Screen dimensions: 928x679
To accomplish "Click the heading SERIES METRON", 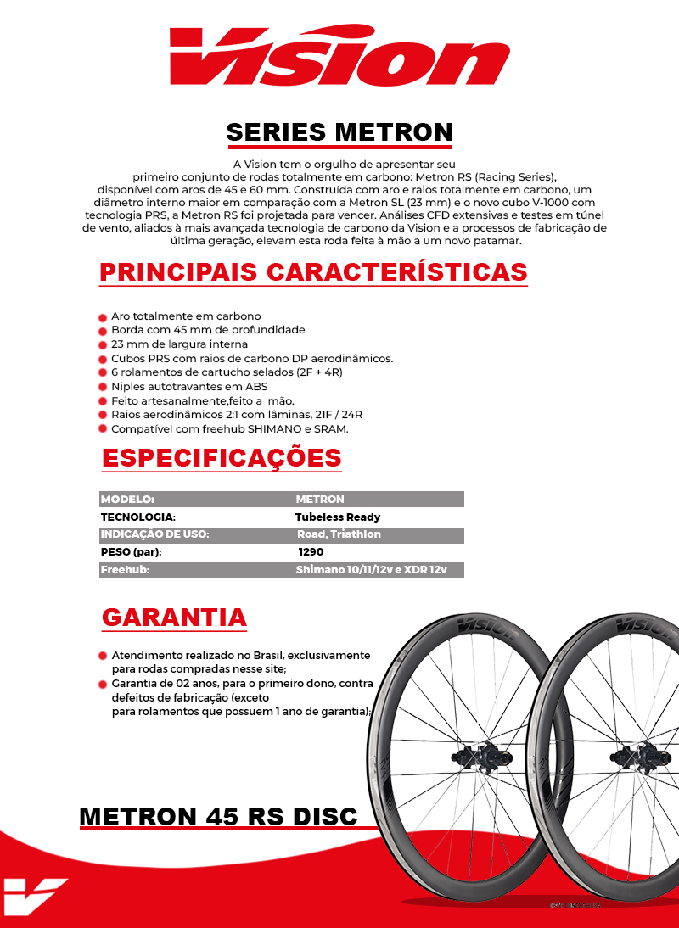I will coord(339,132).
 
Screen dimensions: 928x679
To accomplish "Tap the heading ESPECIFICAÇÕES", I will coord(222,457).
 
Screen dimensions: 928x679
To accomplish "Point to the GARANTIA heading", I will coord(174,617).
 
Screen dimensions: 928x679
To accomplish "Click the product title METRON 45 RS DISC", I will coord(218,816).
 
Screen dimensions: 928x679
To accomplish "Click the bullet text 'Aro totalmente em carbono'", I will coord(186,316).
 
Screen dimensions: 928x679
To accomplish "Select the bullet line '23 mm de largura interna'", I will coord(179,344).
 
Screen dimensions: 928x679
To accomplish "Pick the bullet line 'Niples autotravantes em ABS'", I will coord(189,387).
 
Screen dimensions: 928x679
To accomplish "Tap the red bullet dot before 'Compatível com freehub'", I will coord(103,430).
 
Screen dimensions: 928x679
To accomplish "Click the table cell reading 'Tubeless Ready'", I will coord(338,517).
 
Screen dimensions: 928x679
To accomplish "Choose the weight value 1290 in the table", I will coord(310,551).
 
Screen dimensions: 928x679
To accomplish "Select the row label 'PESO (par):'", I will coord(132,551).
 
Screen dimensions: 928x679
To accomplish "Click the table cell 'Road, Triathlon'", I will coord(339,534).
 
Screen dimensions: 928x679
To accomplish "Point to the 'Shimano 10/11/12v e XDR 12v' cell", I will coord(371,570).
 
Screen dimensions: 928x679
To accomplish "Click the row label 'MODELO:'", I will coord(127,499).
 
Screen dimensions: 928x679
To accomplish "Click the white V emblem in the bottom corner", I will coord(34,897).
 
